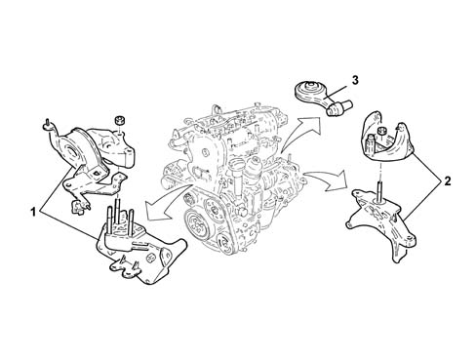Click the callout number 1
pyautogui.click(x=32, y=212)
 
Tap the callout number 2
pyautogui.click(x=448, y=180)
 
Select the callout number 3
pyautogui.click(x=355, y=80)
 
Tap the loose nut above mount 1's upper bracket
pyautogui.click(x=120, y=120)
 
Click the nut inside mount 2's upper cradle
pyautogui.click(x=381, y=132)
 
